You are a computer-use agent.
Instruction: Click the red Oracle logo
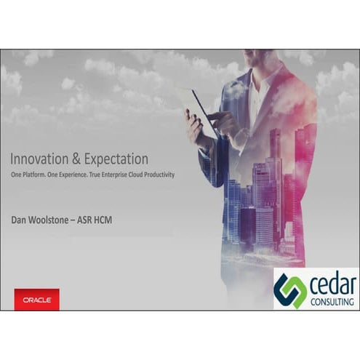coord(36,300)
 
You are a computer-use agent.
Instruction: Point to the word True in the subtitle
coord(90,175)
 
